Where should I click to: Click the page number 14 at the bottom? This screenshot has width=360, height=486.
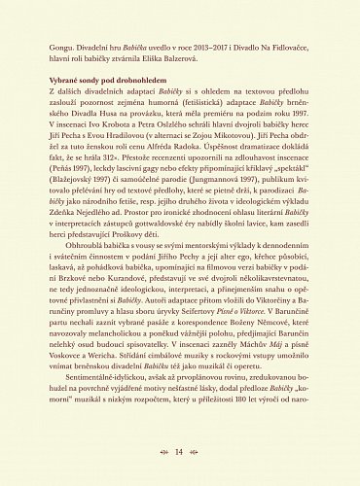[x=180, y=452]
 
